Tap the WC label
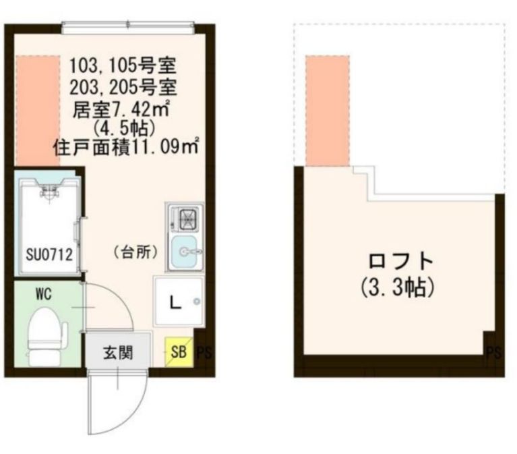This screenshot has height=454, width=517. pyautogui.click(x=44, y=293)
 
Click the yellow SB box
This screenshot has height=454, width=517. pyautogui.click(x=178, y=351)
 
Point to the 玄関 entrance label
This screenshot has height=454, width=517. pyautogui.click(x=117, y=351)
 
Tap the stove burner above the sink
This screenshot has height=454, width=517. pyautogui.click(x=186, y=218)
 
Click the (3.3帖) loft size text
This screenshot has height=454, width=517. pyautogui.click(x=394, y=287)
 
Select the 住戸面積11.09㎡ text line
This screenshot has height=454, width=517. pyautogui.click(x=125, y=146)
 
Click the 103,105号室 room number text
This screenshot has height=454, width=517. pyautogui.click(x=123, y=66)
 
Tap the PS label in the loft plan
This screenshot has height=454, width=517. pyautogui.click(x=494, y=352)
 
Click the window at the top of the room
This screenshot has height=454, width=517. pyautogui.click(x=128, y=28)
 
